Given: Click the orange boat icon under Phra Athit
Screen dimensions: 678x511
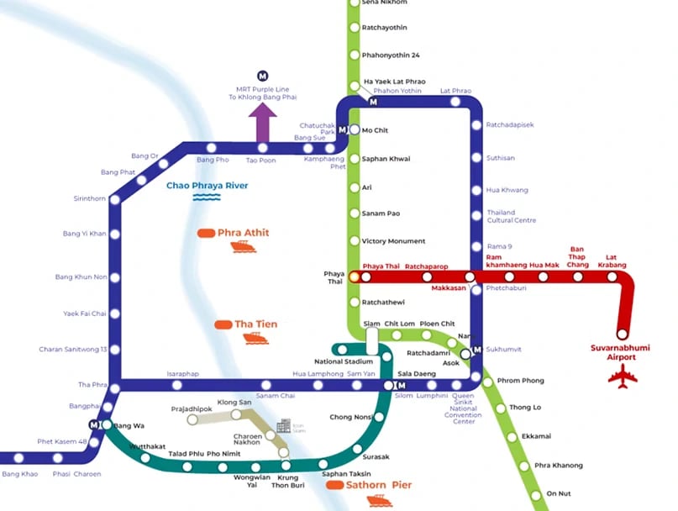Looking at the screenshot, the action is [x=243, y=246].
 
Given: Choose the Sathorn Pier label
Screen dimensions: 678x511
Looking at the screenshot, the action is [x=371, y=485].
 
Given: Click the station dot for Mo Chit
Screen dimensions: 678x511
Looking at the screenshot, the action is [x=355, y=130].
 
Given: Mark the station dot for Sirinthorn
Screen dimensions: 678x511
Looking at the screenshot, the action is [x=115, y=199].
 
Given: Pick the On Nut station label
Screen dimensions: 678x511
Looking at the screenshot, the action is [x=558, y=493].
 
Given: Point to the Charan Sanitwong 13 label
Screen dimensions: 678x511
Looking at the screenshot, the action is [x=73, y=350].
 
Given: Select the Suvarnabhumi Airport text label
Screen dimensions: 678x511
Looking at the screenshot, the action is [x=621, y=352].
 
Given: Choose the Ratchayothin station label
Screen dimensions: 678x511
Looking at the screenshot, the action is [x=384, y=28].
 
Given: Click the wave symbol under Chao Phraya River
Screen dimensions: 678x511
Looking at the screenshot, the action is [x=207, y=198].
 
